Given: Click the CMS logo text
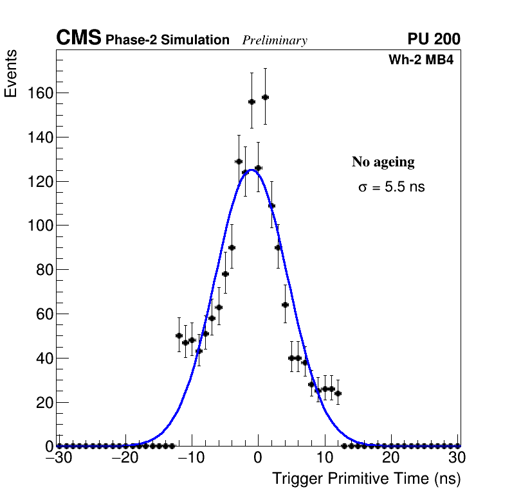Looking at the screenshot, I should pyautogui.click(x=78, y=39).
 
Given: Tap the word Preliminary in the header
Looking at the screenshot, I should pyautogui.click(x=275, y=40).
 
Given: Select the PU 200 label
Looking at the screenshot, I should pyautogui.click(x=434, y=39).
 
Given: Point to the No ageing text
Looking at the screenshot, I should pyautogui.click(x=383, y=162).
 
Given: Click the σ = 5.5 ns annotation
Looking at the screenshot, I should pyautogui.click(x=391, y=188).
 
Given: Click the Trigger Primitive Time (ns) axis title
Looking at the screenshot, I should pyautogui.click(x=366, y=479).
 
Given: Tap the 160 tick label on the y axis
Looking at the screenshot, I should pyautogui.click(x=40, y=93).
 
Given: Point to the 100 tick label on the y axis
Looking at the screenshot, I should pyautogui.click(x=40, y=226).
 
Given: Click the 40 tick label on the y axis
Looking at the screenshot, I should pyautogui.click(x=44, y=358).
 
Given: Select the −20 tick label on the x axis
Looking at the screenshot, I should pyautogui.click(x=123, y=458).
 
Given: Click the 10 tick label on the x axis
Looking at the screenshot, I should pyautogui.click(x=325, y=458).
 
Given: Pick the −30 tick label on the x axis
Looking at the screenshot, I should pyautogui.click(x=56, y=458).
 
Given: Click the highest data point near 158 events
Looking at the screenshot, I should pyautogui.click(x=265, y=97).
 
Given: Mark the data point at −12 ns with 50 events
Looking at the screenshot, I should pyautogui.click(x=179, y=335).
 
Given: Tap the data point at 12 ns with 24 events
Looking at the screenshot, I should pyautogui.click(x=338, y=393).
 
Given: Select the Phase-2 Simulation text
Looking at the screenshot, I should pyautogui.click(x=167, y=40).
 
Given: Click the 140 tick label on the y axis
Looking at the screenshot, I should pyautogui.click(x=40, y=137).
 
